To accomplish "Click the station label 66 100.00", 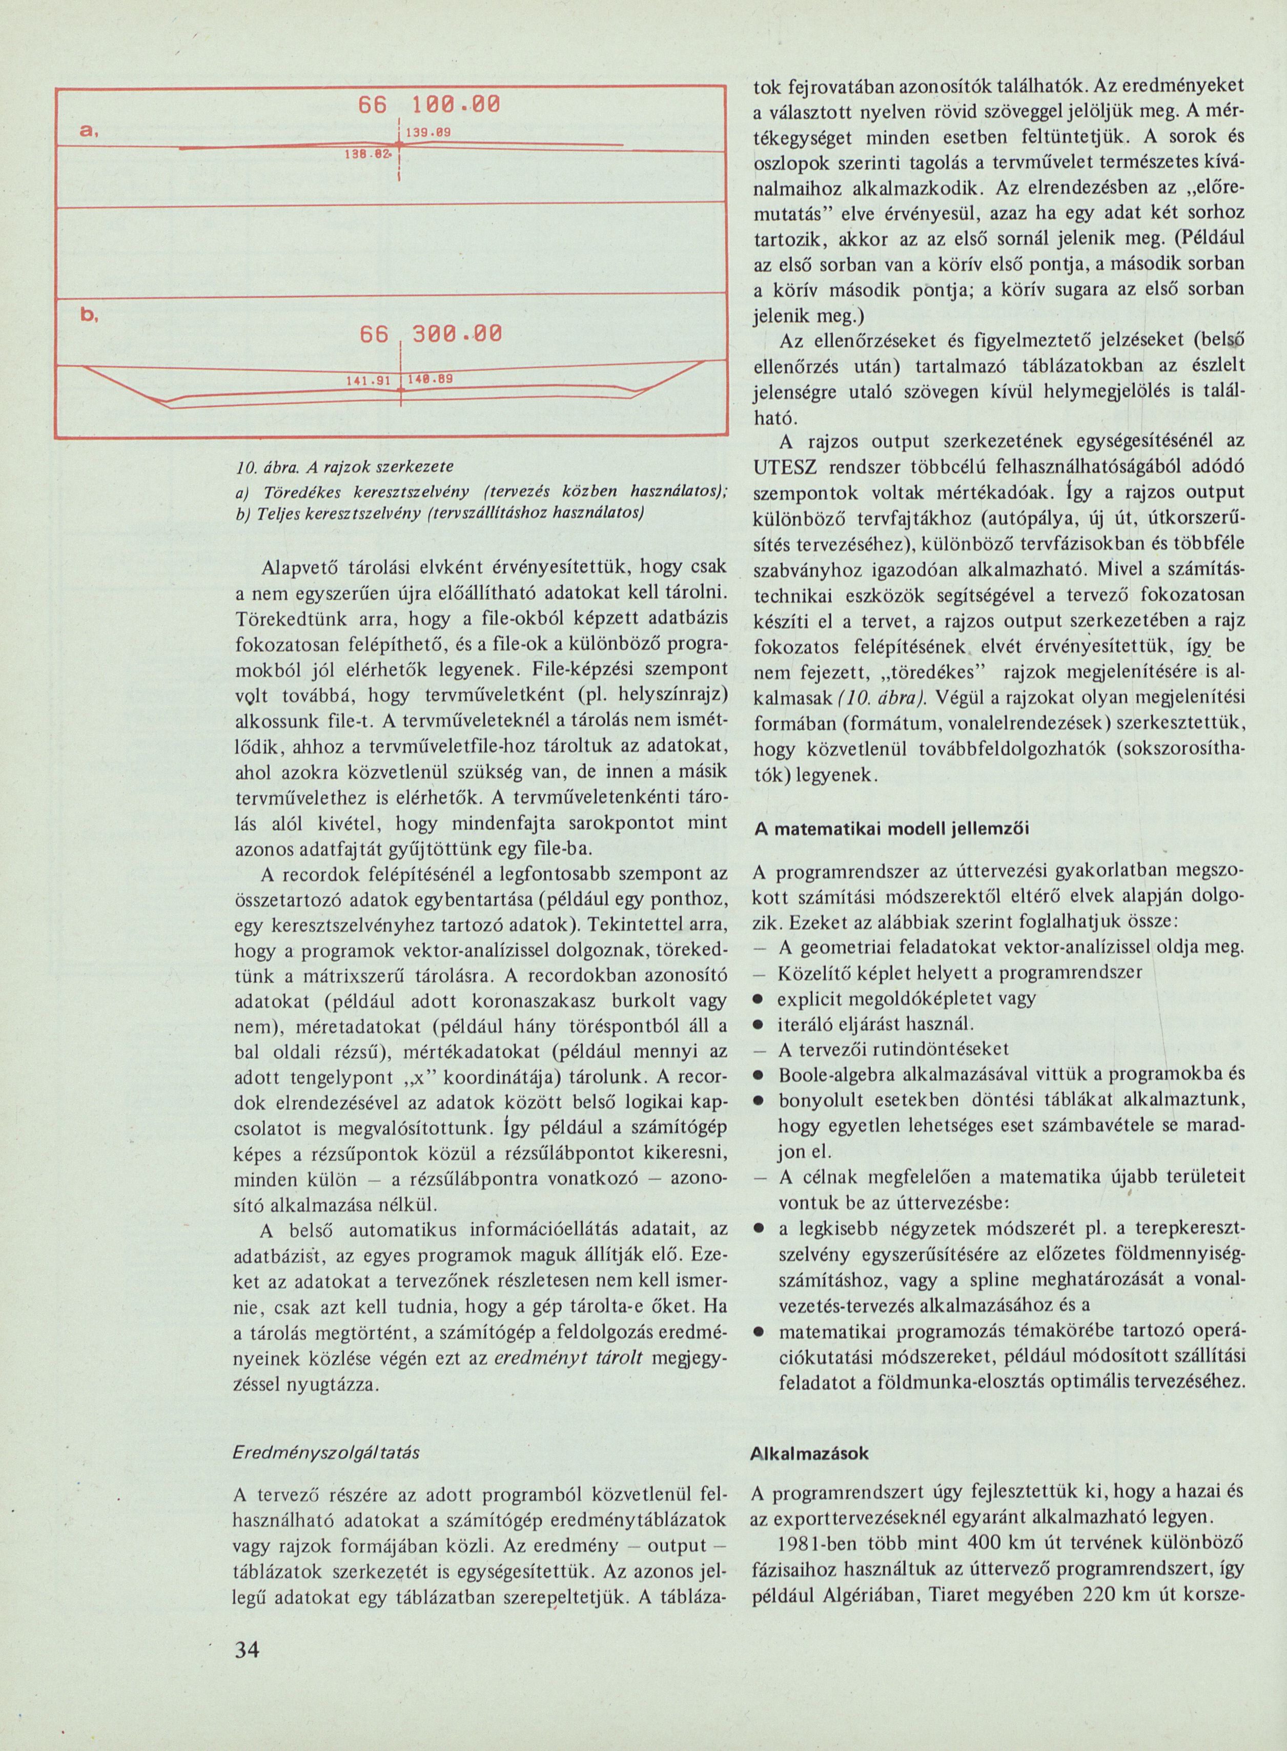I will point(430,105).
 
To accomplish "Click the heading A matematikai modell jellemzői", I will point(891,829).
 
